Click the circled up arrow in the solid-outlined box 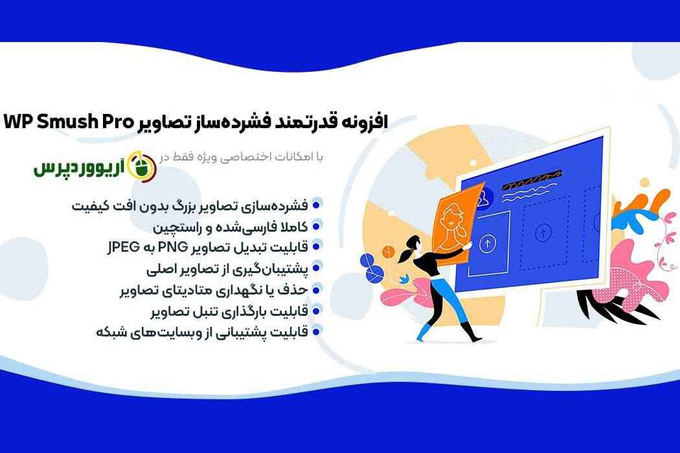pos(488,243)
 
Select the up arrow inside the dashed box pos(543,233)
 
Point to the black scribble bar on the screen pos(532,181)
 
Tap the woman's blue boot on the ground pos(424,333)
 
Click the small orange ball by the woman pos(388,251)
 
